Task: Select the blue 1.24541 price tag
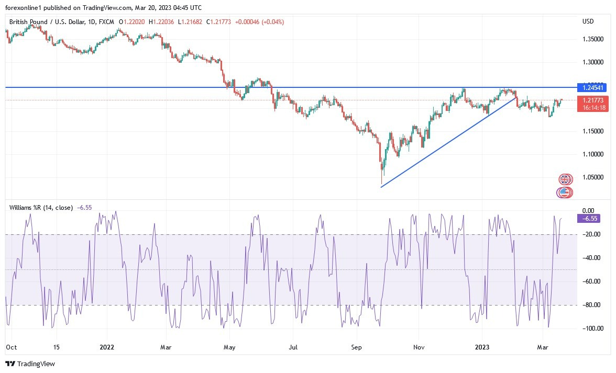coord(591,87)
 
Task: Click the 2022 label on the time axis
coord(107,346)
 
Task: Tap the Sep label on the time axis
coord(356,346)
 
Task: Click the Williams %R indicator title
coord(41,208)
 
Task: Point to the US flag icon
coord(563,193)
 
